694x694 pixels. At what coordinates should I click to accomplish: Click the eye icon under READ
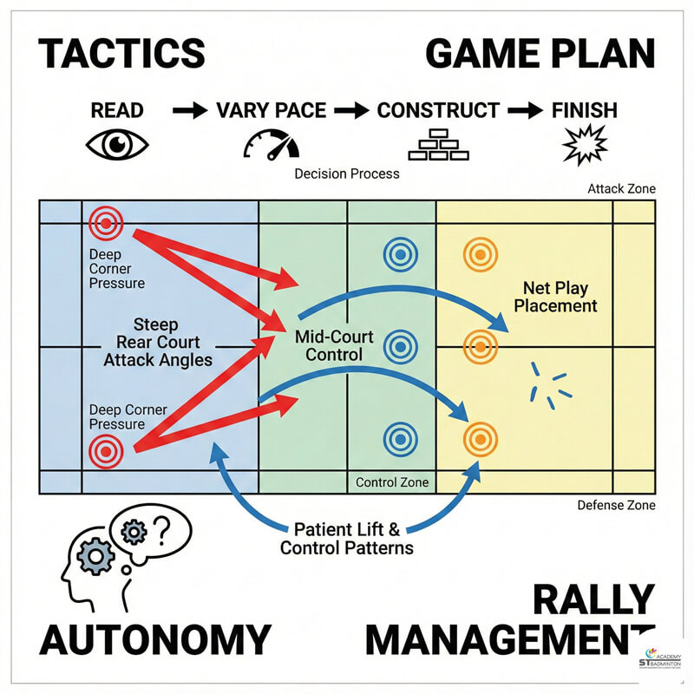point(117,144)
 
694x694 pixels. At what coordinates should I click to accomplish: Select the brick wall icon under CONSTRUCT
point(438,144)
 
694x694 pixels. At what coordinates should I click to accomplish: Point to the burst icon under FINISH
point(584,144)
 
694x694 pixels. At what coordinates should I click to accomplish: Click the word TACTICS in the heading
point(121,54)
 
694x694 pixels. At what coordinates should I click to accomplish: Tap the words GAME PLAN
point(540,54)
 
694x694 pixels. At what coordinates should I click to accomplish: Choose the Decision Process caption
point(347,173)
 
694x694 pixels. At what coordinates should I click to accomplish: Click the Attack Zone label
point(621,188)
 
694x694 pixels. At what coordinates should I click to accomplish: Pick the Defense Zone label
point(616,505)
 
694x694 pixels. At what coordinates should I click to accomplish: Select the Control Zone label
point(392,483)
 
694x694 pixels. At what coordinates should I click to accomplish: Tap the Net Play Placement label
point(560,296)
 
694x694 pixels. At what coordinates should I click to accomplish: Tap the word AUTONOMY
point(154,639)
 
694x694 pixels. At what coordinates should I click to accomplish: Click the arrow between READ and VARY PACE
point(190,111)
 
